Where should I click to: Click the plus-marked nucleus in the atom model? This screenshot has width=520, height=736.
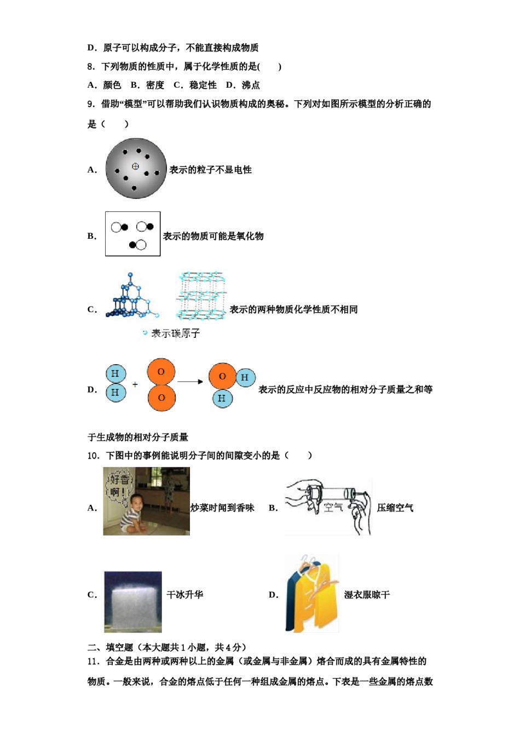click(x=135, y=166)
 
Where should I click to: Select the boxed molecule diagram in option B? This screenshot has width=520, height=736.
click(x=132, y=234)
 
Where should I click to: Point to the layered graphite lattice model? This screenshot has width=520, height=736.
click(x=201, y=296)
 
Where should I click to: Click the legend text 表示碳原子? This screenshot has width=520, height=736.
click(x=175, y=333)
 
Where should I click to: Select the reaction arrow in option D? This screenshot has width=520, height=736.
click(x=190, y=382)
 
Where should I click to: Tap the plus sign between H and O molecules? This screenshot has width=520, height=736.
click(x=135, y=384)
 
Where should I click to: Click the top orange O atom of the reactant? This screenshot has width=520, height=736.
click(x=161, y=372)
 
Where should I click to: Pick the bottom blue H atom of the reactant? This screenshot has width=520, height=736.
click(x=115, y=392)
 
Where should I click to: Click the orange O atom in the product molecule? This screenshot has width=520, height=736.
click(x=222, y=377)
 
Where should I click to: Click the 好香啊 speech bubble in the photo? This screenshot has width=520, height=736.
click(x=119, y=485)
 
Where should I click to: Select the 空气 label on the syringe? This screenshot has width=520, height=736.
click(x=333, y=507)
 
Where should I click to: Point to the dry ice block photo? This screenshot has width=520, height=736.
click(x=133, y=602)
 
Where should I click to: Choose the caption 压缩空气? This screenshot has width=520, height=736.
click(x=395, y=508)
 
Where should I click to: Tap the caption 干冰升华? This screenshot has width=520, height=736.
click(x=184, y=595)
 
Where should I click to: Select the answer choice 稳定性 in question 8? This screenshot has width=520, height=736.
click(x=203, y=85)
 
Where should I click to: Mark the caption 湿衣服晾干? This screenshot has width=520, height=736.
click(x=367, y=595)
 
